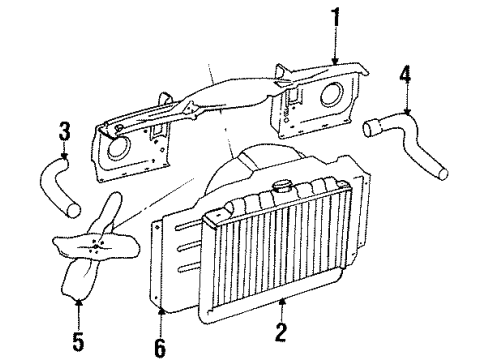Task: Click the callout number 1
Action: pyautogui.click(x=337, y=17)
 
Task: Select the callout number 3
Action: pyautogui.click(x=63, y=130)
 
